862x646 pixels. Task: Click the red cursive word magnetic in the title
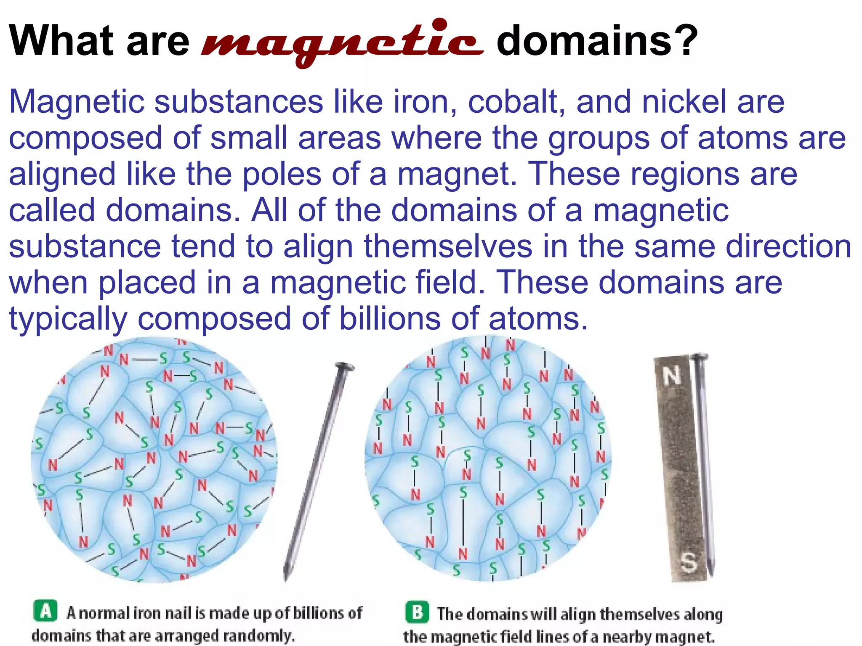click(x=342, y=42)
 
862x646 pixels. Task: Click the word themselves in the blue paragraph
click(x=448, y=246)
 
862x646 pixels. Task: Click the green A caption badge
click(x=45, y=611)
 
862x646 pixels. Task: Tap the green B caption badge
click(x=417, y=612)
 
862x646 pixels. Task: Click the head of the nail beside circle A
click(x=344, y=368)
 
